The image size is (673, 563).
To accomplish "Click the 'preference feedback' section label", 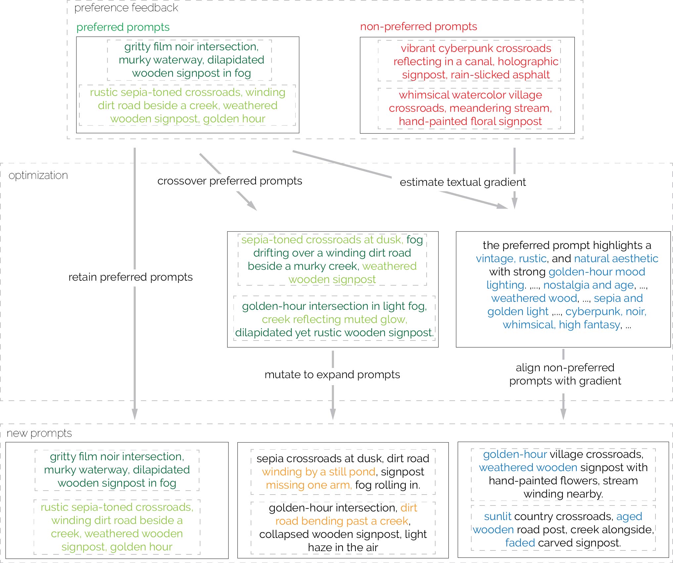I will (x=126, y=8).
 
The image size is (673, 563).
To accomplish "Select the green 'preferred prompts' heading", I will (x=123, y=27).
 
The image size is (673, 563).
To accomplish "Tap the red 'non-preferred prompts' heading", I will (x=418, y=26).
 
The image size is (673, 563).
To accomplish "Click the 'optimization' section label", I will (x=38, y=175).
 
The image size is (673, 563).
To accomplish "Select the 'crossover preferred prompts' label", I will (x=230, y=181).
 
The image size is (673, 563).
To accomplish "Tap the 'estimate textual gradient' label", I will (x=462, y=182).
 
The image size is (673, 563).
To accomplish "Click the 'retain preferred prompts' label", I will (x=130, y=277).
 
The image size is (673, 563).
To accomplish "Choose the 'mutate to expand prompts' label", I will (x=332, y=375).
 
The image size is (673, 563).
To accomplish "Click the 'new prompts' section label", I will (x=39, y=433).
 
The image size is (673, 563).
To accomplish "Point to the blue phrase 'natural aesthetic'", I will (x=616, y=259).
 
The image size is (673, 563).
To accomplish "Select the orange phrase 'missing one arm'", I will (x=308, y=485).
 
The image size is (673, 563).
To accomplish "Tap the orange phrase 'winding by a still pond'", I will (x=319, y=472).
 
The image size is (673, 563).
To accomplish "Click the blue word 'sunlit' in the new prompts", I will (x=497, y=516).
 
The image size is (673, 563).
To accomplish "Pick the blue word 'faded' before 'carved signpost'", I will (x=520, y=543).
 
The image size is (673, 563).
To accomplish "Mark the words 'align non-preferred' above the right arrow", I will (x=565, y=368).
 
